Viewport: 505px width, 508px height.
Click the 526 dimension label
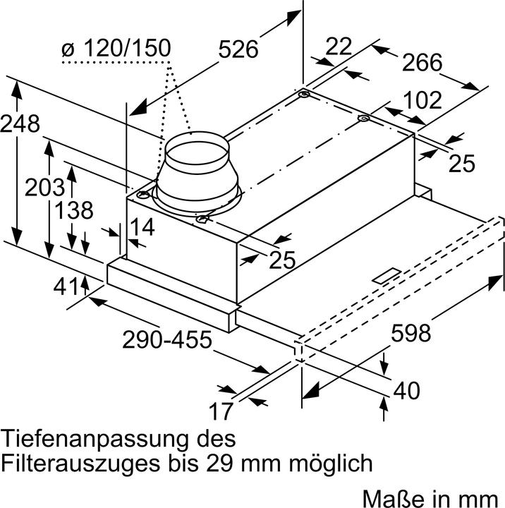point(238,49)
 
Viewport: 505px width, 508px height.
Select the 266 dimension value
point(422,63)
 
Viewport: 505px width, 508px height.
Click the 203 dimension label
point(46,188)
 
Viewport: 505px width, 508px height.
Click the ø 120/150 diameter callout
point(116,49)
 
